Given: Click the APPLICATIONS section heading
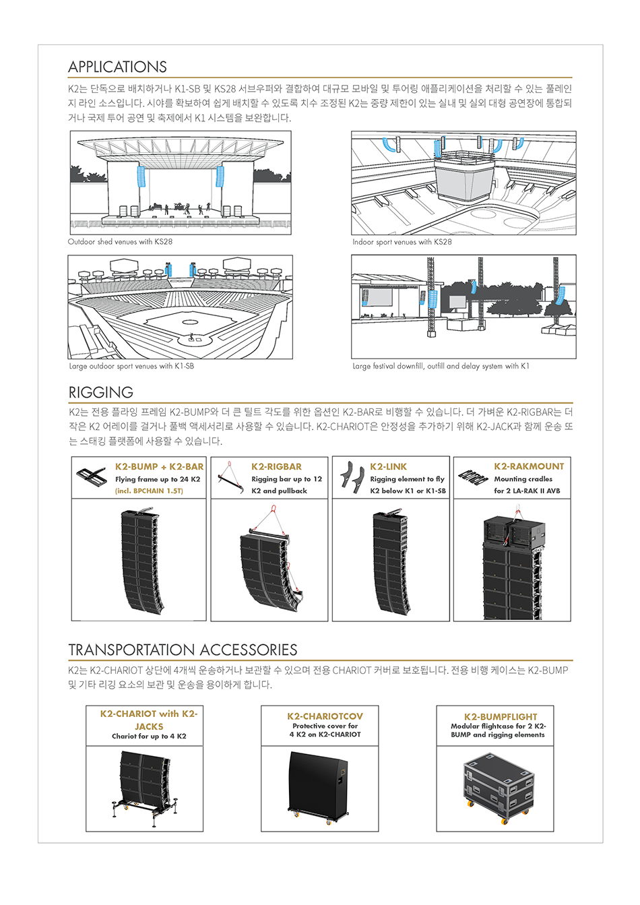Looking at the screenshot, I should pyautogui.click(x=117, y=67).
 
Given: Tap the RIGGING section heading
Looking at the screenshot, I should pyautogui.click(x=101, y=392).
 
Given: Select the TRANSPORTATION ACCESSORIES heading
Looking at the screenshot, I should pyautogui.click(x=183, y=650).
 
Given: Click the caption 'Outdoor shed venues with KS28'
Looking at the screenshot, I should pyautogui.click(x=120, y=242).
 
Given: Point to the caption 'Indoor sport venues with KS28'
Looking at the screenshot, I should pyautogui.click(x=402, y=242).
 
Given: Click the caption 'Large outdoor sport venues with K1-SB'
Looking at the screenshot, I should pyautogui.click(x=131, y=367).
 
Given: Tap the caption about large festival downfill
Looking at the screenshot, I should pyautogui.click(x=441, y=367).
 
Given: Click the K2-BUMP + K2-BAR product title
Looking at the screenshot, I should pyautogui.click(x=159, y=466).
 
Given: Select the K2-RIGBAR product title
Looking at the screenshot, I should pyautogui.click(x=276, y=466).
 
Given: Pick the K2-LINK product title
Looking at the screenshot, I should pyautogui.click(x=389, y=466).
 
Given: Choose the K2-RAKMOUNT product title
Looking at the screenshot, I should pyautogui.click(x=529, y=466).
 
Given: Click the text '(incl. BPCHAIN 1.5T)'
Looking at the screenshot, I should pyautogui.click(x=149, y=491).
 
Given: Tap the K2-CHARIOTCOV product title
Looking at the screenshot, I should pyautogui.click(x=325, y=716).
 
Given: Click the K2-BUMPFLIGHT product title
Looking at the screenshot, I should pyautogui.click(x=501, y=717).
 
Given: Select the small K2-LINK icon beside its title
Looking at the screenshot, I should pyautogui.click(x=351, y=478).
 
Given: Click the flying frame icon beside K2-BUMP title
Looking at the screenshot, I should pyautogui.click(x=92, y=476).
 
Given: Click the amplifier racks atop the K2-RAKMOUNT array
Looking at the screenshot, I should pyautogui.click(x=513, y=531).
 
